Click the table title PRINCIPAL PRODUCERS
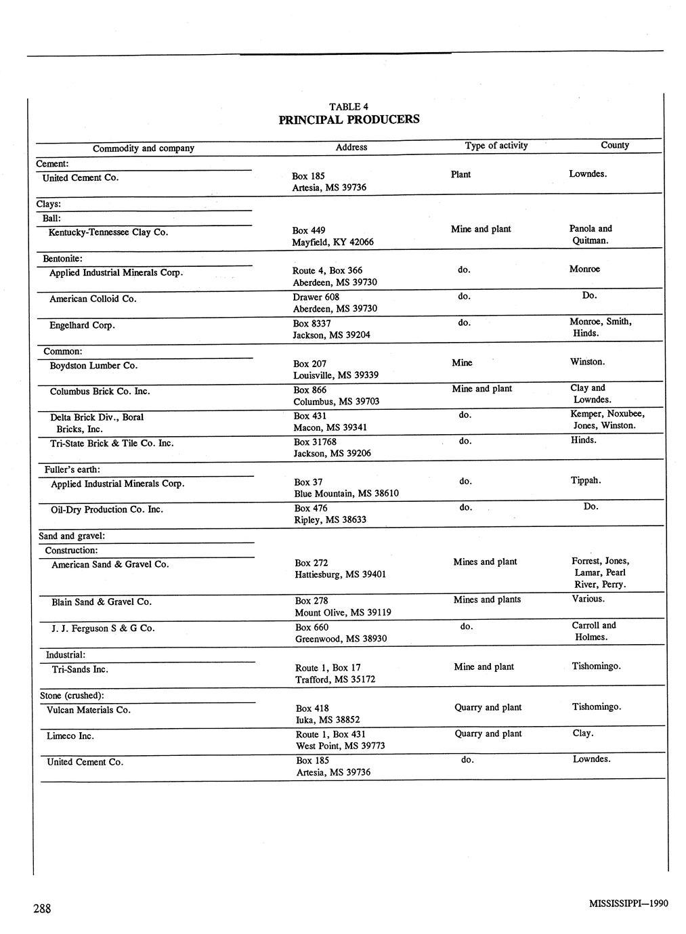tap(349, 120)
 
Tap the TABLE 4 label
tap(349, 106)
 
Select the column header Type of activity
tap(496, 146)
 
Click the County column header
tap(614, 145)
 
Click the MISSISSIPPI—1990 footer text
tap(628, 904)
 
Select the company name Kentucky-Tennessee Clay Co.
tap(108, 232)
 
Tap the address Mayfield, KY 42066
tap(333, 242)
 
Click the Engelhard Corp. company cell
tap(82, 325)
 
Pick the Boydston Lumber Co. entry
tap(93, 366)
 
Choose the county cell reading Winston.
tap(587, 362)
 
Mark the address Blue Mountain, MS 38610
tap(346, 494)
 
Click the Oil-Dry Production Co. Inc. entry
tap(107, 509)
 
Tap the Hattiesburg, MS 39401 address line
tap(340, 574)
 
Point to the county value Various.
tap(588, 599)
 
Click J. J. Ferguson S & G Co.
tap(103, 629)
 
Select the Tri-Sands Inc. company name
tap(80, 669)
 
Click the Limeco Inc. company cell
tap(70, 736)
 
